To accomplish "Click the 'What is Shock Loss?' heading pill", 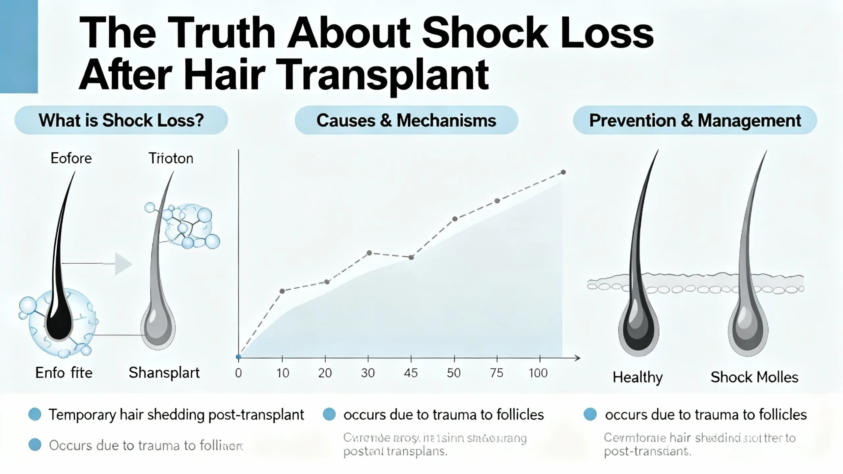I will pyautogui.click(x=121, y=120).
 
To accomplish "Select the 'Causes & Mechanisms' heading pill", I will pyautogui.click(x=406, y=120).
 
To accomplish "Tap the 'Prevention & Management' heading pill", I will pyautogui.click(x=695, y=120).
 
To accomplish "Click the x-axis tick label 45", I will pyautogui.click(x=411, y=373).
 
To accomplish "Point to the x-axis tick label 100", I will pyautogui.click(x=538, y=373).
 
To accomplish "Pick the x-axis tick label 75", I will pyautogui.click(x=497, y=373).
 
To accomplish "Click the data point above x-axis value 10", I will pyautogui.click(x=282, y=291).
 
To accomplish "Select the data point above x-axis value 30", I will pyautogui.click(x=369, y=253).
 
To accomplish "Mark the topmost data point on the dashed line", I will pyautogui.click(x=563, y=172).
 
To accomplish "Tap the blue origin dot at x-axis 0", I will pyautogui.click(x=238, y=357).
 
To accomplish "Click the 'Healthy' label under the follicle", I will pyautogui.click(x=638, y=378).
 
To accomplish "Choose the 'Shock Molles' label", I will pyautogui.click(x=754, y=377).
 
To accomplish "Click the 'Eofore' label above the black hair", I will pyautogui.click(x=71, y=158).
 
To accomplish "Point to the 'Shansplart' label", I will pyautogui.click(x=164, y=373).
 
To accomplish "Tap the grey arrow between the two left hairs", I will pyautogui.click(x=122, y=263).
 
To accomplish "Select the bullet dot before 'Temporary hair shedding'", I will pyautogui.click(x=35, y=414).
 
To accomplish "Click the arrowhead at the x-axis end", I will pyautogui.click(x=577, y=358).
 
